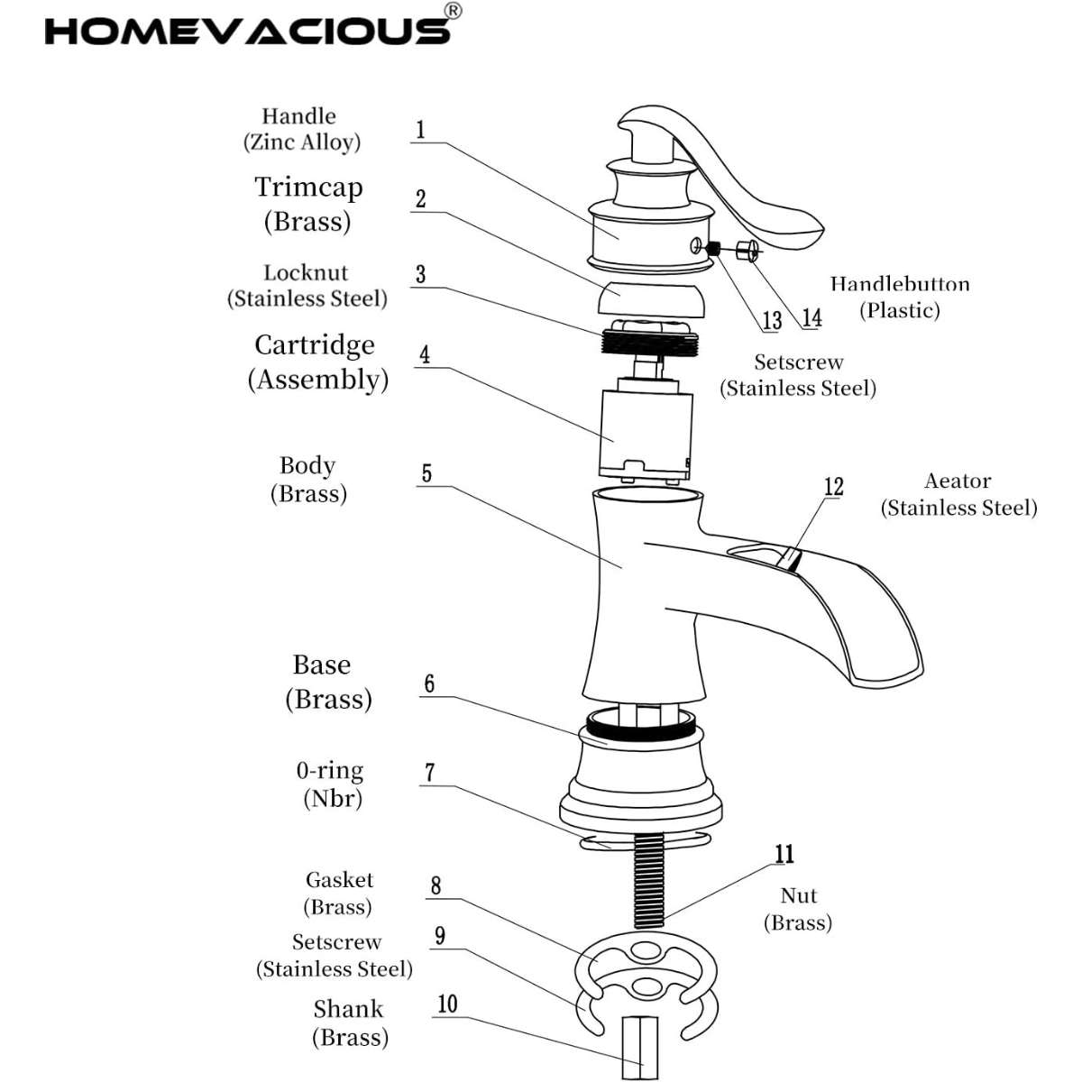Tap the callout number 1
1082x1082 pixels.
click(x=419, y=129)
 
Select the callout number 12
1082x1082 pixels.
click(x=834, y=487)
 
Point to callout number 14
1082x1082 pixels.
click(x=811, y=317)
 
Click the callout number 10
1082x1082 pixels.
click(x=447, y=1004)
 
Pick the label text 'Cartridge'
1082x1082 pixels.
click(x=314, y=345)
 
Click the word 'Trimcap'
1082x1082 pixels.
click(x=308, y=188)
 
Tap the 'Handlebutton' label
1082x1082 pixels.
click(x=900, y=284)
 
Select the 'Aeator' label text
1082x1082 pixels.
click(x=958, y=481)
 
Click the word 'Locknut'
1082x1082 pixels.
click(x=306, y=272)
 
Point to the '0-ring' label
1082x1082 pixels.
click(x=330, y=771)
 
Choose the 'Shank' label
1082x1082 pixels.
click(x=348, y=1009)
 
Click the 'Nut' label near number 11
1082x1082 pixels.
click(x=799, y=895)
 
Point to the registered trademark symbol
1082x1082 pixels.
click(x=454, y=10)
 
